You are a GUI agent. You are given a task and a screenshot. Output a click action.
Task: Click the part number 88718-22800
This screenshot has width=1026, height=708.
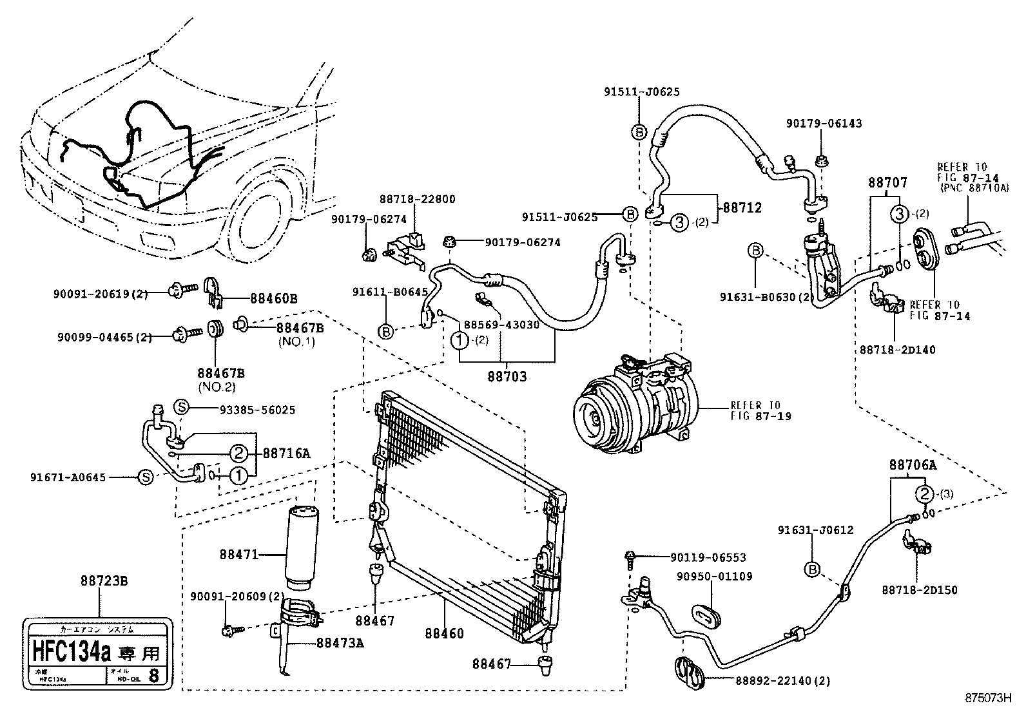click(x=416, y=199)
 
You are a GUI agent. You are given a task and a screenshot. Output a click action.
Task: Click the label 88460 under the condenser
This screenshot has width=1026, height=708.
click(x=444, y=634)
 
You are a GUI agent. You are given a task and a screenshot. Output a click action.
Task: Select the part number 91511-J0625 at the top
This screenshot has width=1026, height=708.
click(x=632, y=92)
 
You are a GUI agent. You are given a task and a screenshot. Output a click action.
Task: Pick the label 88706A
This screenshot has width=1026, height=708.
click(x=913, y=464)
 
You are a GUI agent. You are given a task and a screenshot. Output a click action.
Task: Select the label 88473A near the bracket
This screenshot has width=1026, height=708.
click(x=340, y=642)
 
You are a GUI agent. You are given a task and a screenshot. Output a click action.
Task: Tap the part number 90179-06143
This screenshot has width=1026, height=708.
click(x=824, y=123)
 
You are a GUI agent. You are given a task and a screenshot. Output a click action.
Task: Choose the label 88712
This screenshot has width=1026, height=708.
click(x=742, y=207)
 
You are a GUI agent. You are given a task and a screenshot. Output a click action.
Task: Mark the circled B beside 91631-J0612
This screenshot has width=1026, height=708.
click(x=812, y=569)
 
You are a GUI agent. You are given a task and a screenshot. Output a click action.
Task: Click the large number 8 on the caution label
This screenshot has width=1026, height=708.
click(x=153, y=676)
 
